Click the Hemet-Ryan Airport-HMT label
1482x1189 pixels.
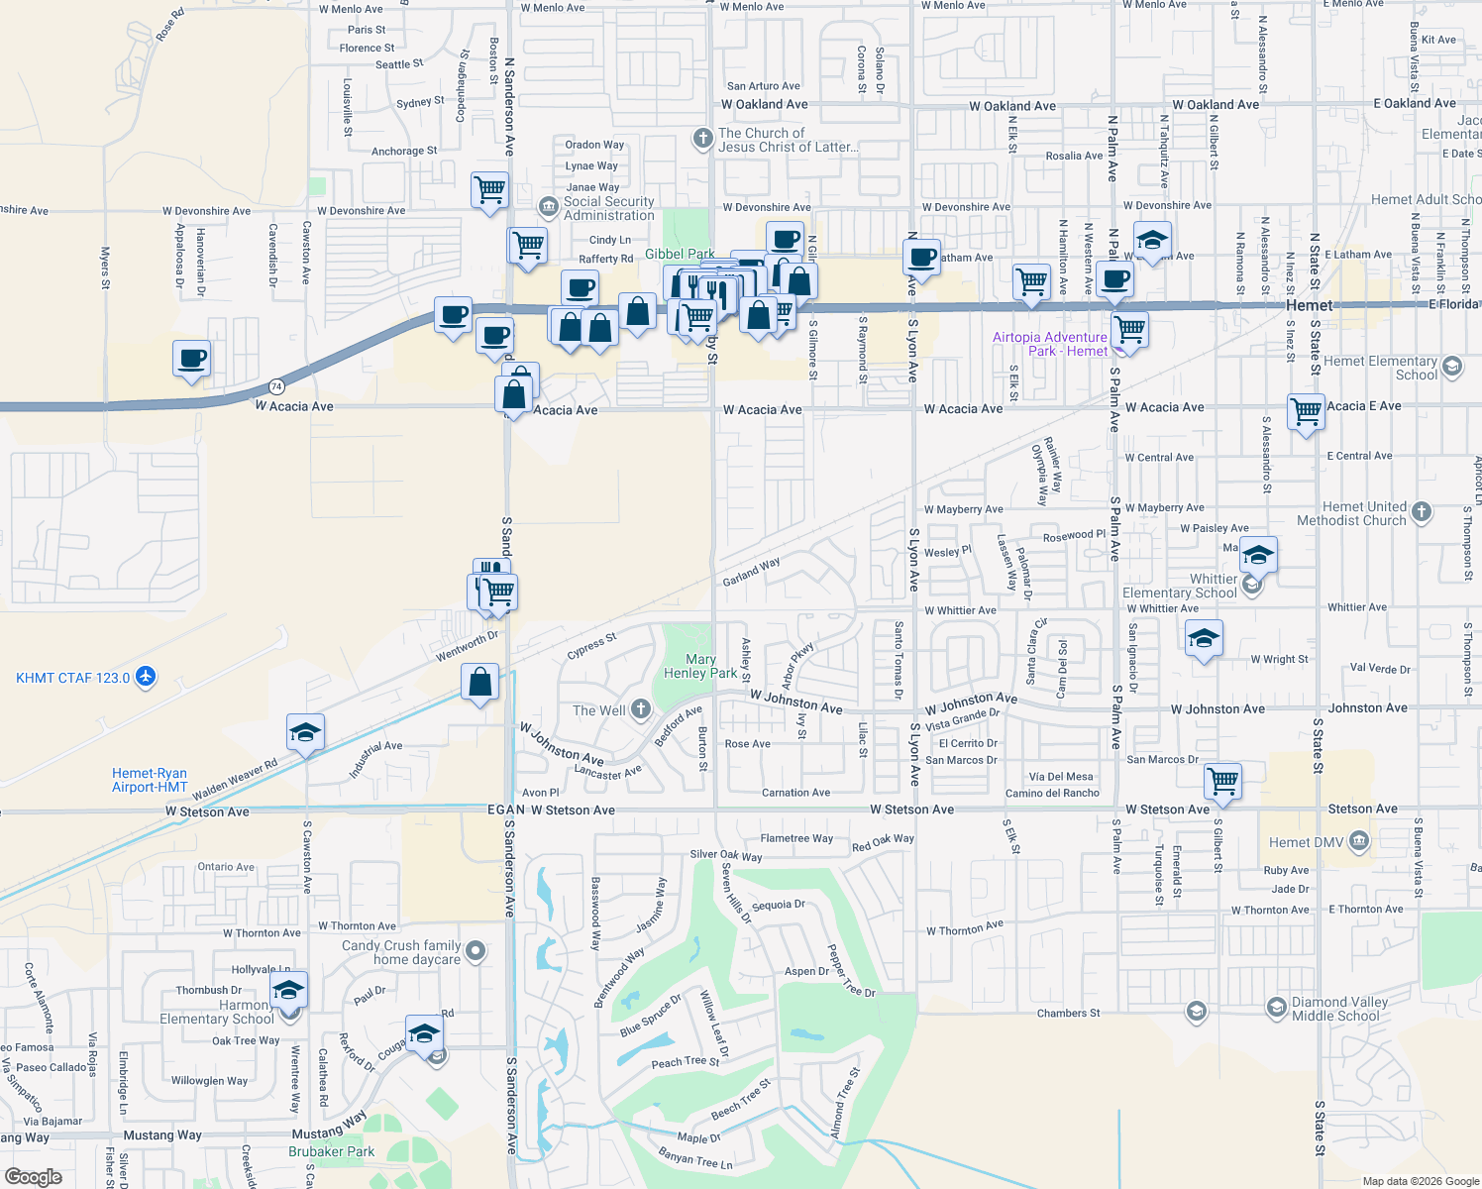[150, 781]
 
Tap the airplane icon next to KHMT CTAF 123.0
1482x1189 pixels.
[146, 677]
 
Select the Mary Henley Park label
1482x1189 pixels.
[700, 666]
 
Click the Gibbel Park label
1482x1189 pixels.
[680, 255]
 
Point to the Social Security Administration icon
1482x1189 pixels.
[548, 206]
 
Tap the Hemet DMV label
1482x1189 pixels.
[1307, 842]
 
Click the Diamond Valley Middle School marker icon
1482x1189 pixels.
[1277, 1009]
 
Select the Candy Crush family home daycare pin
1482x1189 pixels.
[476, 951]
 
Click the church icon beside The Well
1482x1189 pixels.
[641, 708]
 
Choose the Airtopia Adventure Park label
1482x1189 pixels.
[1050, 344]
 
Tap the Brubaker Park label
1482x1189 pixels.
[332, 1151]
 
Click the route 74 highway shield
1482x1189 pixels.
[276, 386]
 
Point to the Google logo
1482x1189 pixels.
[34, 1177]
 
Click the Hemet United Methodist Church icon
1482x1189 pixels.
[1422, 511]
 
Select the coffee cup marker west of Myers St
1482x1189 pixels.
[191, 358]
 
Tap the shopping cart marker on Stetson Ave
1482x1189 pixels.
[1223, 780]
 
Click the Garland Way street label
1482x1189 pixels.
[751, 572]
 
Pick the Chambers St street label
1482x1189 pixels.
[1068, 1014]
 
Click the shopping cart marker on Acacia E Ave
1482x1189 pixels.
[1306, 410]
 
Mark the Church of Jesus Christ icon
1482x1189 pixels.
[702, 138]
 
